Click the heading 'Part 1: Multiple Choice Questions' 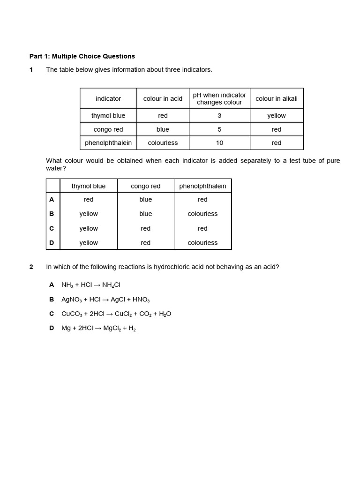point(82,56)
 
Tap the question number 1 point(31,70)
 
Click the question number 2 point(31,267)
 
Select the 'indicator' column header point(108,98)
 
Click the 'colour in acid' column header point(163,98)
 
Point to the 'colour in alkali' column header point(277,98)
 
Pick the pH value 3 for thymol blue point(219,116)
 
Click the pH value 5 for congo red point(219,129)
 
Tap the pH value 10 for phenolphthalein point(219,143)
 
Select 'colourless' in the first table point(163,143)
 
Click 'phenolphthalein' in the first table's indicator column point(108,143)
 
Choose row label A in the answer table point(52,200)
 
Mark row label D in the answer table point(52,243)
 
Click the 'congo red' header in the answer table point(145,186)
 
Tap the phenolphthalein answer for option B point(202,214)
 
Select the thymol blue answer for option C point(89,228)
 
